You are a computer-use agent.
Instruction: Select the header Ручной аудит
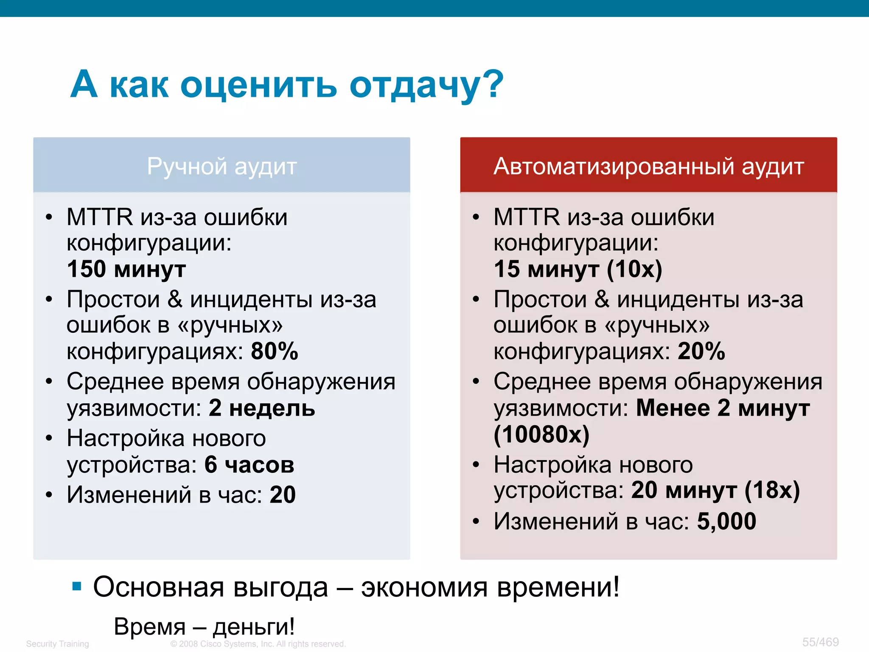tap(221, 166)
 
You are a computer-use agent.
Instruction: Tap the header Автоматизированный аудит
tap(648, 166)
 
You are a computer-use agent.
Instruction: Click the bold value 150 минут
tap(126, 269)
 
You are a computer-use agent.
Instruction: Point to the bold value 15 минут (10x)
tap(577, 269)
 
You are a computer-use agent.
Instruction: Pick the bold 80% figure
tap(275, 351)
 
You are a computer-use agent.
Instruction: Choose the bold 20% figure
tap(701, 351)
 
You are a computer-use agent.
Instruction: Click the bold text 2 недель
tap(262, 408)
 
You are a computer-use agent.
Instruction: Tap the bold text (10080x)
tap(541, 434)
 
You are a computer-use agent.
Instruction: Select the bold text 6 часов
tap(249, 464)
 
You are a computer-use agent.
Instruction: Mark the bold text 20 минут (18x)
tap(715, 490)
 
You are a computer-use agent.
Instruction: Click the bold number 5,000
tap(726, 521)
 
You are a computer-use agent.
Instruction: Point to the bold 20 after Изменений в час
tap(283, 495)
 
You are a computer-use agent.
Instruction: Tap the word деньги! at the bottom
tap(253, 627)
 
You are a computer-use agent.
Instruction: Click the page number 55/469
tap(820, 642)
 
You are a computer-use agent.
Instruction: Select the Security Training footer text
tap(57, 644)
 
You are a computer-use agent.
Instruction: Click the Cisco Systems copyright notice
tap(258, 644)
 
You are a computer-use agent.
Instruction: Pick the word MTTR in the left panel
tap(100, 217)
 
